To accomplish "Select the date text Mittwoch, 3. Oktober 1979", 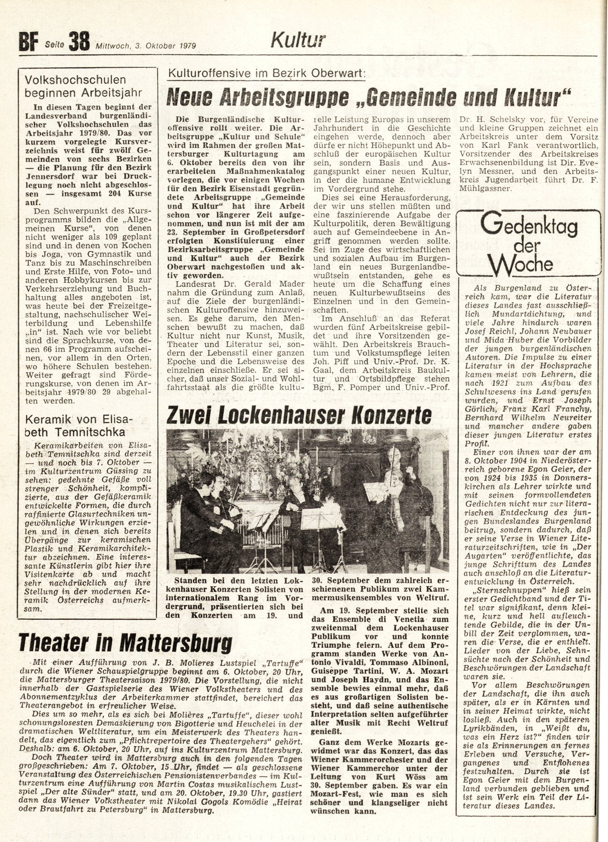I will click(146, 46).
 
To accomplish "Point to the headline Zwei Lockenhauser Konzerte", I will click(299, 415).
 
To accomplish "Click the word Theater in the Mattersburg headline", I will click(55, 643).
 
